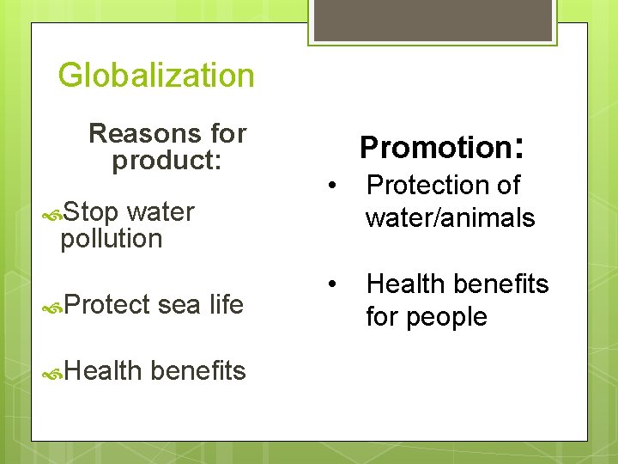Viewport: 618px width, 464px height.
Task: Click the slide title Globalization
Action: click(x=156, y=76)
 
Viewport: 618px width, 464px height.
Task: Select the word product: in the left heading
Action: click(x=167, y=161)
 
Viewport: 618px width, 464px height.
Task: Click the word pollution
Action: click(x=111, y=239)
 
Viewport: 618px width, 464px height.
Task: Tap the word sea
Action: click(x=180, y=304)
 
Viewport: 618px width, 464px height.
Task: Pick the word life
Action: click(x=227, y=304)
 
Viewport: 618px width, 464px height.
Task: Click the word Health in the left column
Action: click(x=102, y=370)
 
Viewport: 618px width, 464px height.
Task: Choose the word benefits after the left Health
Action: click(x=197, y=370)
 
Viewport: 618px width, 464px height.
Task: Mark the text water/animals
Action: click(x=450, y=218)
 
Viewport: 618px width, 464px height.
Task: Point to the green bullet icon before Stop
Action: click(x=52, y=212)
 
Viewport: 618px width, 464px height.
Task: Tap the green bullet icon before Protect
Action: click(x=52, y=305)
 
